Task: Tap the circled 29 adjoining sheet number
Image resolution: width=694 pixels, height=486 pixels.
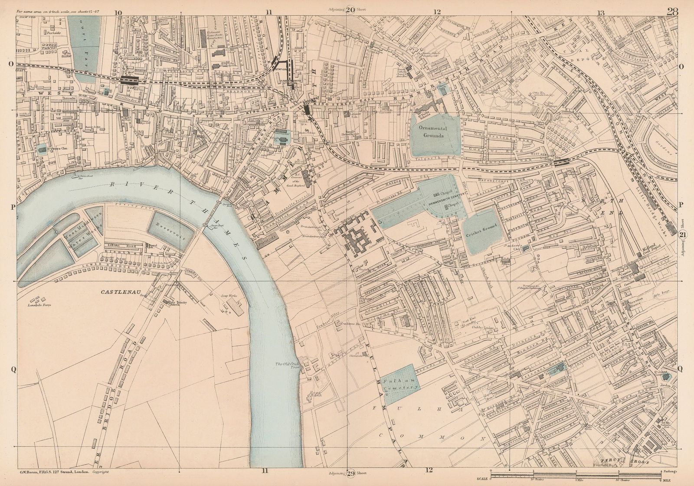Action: pos(351,473)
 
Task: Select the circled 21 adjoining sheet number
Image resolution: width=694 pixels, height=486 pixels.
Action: pos(683,235)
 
